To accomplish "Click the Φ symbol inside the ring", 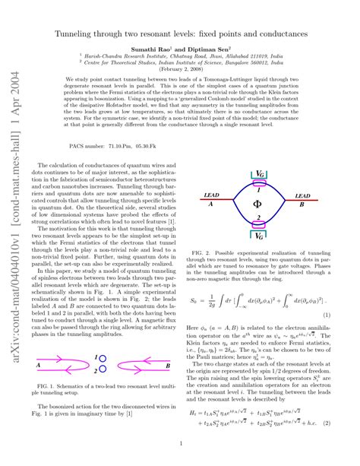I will tap(257, 203).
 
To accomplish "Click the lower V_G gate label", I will tap(259, 236).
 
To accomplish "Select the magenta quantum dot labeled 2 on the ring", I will tap(259, 223).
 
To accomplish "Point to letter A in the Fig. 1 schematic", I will tap(37, 365).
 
